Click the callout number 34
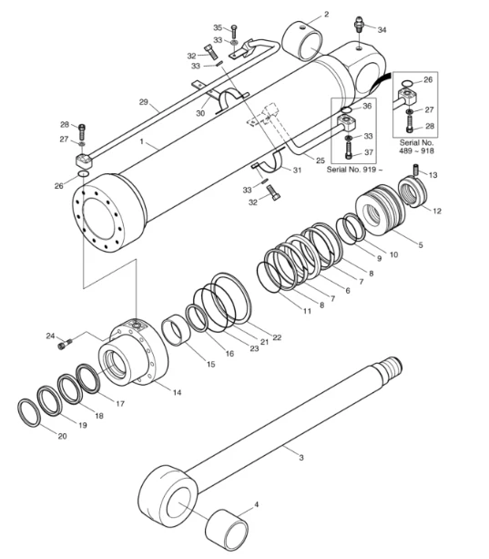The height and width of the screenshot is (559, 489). pyautogui.click(x=382, y=30)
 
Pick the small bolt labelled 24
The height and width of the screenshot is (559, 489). pyautogui.click(x=64, y=344)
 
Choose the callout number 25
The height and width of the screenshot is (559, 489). pyautogui.click(x=320, y=160)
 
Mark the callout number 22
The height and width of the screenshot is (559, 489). pyautogui.click(x=277, y=337)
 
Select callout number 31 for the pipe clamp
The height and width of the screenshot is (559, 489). pyautogui.click(x=297, y=171)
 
